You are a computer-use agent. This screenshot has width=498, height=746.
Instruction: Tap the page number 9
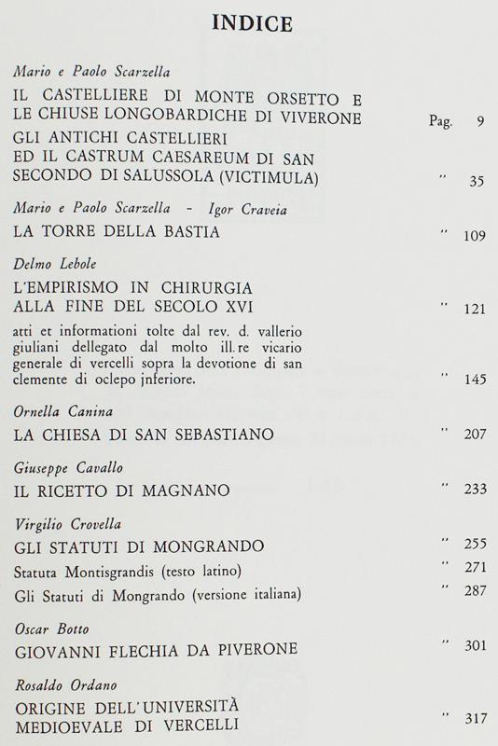(x=479, y=121)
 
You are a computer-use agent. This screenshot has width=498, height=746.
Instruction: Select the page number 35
(x=476, y=181)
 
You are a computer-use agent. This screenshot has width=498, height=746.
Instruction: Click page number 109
(x=473, y=235)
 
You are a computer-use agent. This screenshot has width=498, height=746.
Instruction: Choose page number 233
(x=473, y=490)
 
